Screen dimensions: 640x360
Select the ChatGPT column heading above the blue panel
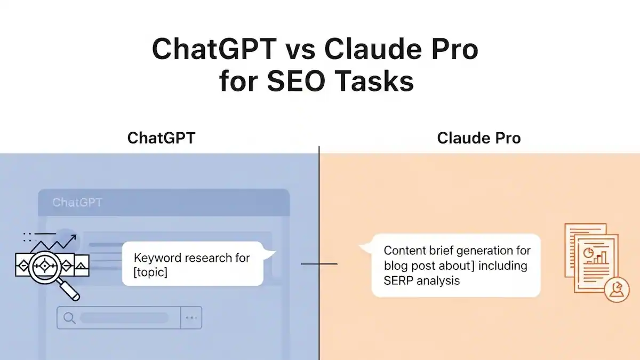point(161,138)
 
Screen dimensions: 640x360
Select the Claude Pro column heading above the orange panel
point(478,138)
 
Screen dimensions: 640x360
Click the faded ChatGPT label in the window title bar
point(77,203)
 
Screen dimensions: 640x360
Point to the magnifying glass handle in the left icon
point(69,289)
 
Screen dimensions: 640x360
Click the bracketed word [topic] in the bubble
point(150,273)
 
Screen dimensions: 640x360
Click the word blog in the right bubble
point(395,265)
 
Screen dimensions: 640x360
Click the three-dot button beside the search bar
point(191,318)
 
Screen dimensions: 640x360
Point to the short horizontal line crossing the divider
point(319,263)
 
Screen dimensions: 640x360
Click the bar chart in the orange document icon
point(601,258)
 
